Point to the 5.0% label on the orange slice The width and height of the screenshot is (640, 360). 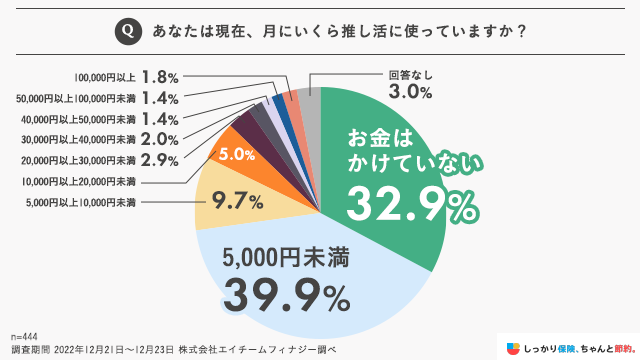(236, 155)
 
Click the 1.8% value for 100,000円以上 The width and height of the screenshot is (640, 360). (160, 76)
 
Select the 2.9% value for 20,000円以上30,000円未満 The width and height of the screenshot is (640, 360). (160, 160)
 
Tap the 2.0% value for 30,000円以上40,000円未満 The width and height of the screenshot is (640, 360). (160, 139)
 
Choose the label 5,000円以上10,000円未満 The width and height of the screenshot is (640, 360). (82, 203)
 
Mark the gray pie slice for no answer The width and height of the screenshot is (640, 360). (310, 101)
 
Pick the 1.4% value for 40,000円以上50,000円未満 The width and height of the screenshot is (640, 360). (160, 118)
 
